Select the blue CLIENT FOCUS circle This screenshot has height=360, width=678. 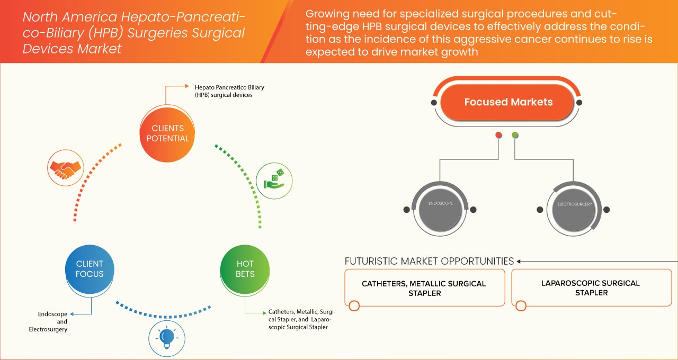[90, 269]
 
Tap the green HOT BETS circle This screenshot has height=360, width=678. [245, 269]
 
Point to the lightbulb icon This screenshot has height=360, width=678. [167, 337]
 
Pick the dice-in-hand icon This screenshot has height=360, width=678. [274, 180]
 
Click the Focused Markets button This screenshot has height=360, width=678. [508, 102]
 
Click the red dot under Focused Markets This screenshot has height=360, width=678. [498, 136]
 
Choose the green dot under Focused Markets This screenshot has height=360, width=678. [515, 136]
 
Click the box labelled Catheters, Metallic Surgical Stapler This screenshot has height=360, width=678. [424, 288]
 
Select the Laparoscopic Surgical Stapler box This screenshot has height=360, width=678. [591, 287]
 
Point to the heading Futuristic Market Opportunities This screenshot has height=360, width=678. [429, 261]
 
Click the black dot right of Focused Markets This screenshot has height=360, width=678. [579, 102]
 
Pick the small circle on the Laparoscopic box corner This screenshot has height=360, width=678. [521, 305]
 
